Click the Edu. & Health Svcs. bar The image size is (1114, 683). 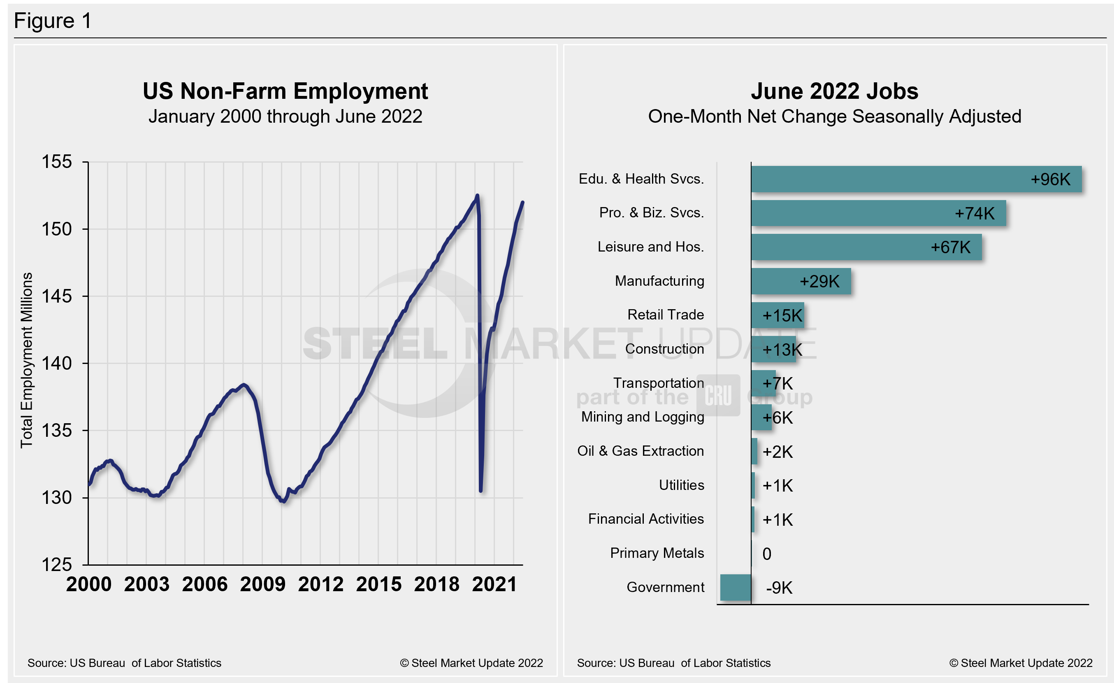pyautogui.click(x=916, y=179)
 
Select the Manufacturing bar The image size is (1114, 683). pyautogui.click(x=801, y=281)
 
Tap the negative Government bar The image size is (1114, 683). pyautogui.click(x=735, y=587)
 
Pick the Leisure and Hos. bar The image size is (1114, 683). pyautogui.click(x=866, y=247)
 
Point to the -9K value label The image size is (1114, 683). pyautogui.click(x=779, y=588)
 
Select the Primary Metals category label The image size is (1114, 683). pyautogui.click(x=657, y=553)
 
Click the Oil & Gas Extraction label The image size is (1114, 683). pyautogui.click(x=640, y=451)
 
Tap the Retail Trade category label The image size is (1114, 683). pyautogui.click(x=666, y=315)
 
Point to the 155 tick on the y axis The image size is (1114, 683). pyautogui.click(x=57, y=162)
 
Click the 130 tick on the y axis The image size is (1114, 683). pyautogui.click(x=57, y=498)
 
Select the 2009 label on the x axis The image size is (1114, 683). pyautogui.click(x=263, y=584)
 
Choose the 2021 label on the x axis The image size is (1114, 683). pyautogui.click(x=494, y=584)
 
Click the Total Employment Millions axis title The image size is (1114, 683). pyautogui.click(x=27, y=360)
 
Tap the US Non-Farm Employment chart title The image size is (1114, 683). pyautogui.click(x=285, y=91)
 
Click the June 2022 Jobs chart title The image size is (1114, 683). pyautogui.click(x=835, y=91)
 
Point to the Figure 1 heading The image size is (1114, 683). pyautogui.click(x=53, y=21)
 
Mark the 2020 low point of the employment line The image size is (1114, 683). pyautogui.click(x=480, y=491)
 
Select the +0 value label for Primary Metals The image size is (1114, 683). pyautogui.click(x=767, y=554)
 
